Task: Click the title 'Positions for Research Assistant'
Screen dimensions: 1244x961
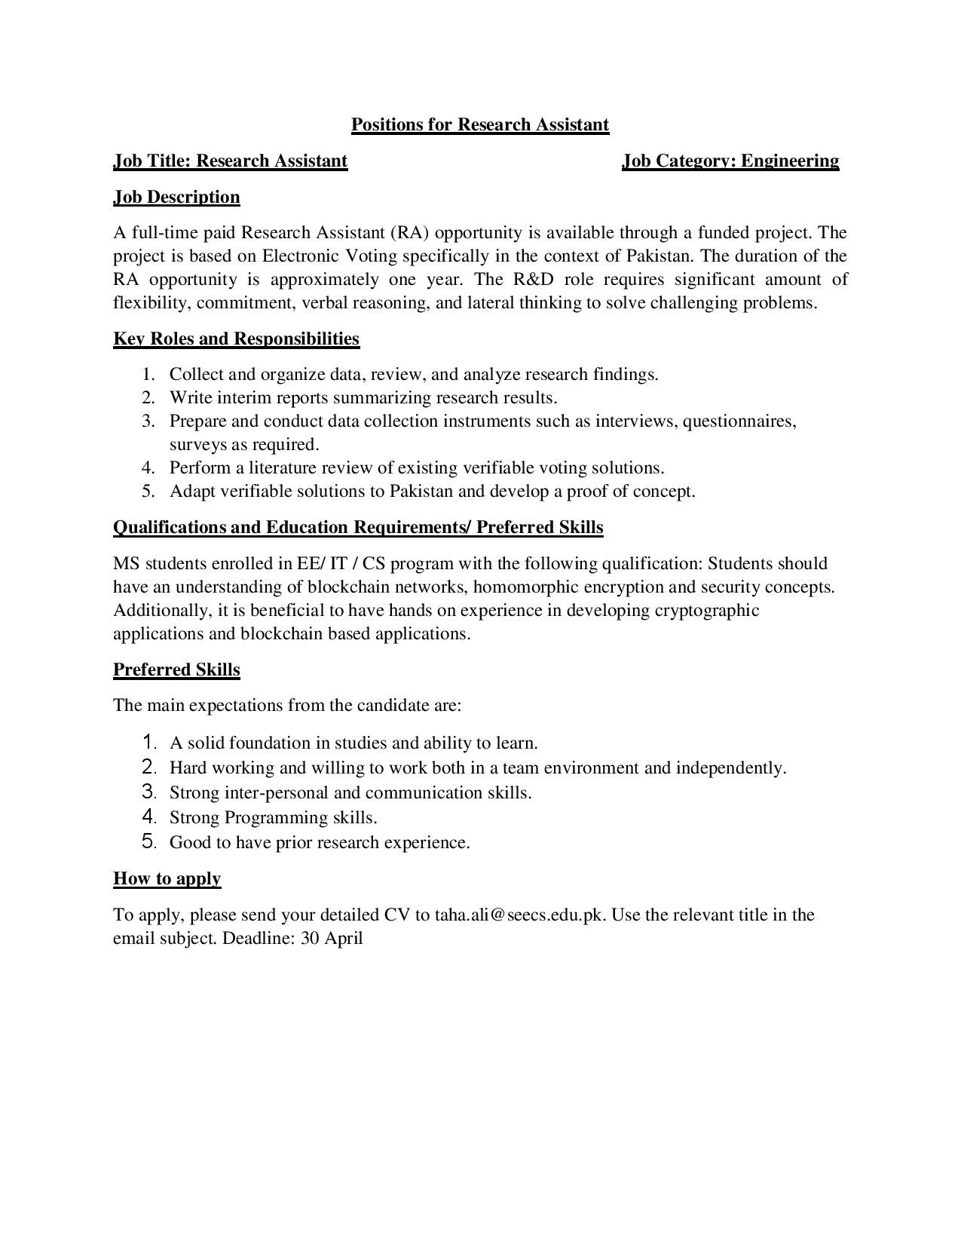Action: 479,124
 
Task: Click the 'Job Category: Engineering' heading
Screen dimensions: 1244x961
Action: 730,161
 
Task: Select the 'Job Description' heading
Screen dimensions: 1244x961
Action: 176,197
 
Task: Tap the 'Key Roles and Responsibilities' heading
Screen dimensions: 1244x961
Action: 236,339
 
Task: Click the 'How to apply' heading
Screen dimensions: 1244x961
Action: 167,878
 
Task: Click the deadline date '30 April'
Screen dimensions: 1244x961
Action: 332,938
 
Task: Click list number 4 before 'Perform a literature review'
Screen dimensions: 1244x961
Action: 148,467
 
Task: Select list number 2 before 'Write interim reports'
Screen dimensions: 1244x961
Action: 148,397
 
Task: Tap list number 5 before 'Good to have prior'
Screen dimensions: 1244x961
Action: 149,841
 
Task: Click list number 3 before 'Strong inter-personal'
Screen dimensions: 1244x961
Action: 148,792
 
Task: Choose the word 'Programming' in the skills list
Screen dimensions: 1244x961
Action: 276,817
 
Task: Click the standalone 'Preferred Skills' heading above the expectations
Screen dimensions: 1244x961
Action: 176,669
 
